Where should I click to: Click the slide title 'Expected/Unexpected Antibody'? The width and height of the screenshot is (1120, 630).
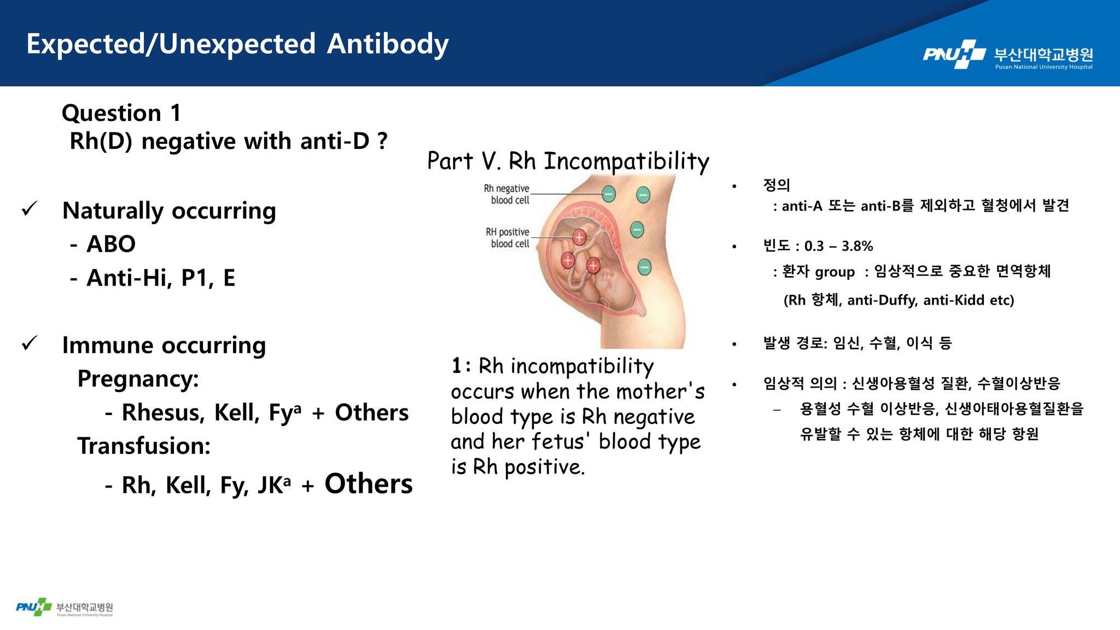click(x=237, y=44)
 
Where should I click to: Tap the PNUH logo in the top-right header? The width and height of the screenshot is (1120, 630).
click(x=1008, y=55)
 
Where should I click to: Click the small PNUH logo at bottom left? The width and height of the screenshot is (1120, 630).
click(x=65, y=607)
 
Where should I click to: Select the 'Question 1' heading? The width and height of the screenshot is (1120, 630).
click(x=121, y=113)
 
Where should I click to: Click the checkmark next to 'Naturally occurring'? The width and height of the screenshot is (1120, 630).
click(x=29, y=208)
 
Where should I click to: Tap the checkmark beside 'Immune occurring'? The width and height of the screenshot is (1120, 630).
click(x=29, y=343)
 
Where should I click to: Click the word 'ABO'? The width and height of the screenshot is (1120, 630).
click(x=111, y=244)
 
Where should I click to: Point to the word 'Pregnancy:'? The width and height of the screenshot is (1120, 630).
click(x=138, y=379)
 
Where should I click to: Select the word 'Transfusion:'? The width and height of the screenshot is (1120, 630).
click(x=144, y=446)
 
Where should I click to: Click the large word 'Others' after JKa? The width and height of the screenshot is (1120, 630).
click(x=369, y=484)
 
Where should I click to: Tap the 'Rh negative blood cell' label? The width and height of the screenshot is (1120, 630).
click(x=506, y=194)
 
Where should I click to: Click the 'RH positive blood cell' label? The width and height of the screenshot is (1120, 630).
click(x=507, y=238)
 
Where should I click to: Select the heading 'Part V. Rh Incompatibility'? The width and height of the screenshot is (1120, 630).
click(x=568, y=161)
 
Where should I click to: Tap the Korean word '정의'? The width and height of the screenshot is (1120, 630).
click(x=777, y=185)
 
